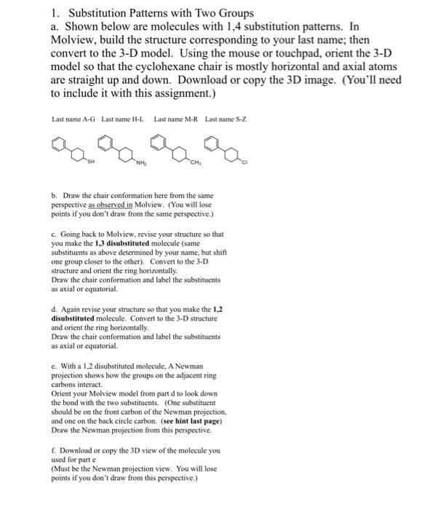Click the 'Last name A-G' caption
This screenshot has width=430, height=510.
[x=73, y=119]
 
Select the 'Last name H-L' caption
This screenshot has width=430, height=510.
[x=123, y=119]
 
